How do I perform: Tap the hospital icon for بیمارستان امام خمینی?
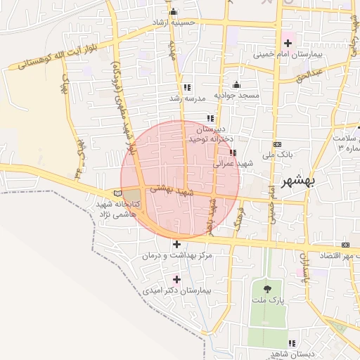(288, 43)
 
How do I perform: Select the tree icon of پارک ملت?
(267, 289)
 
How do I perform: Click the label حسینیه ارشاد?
(184, 22)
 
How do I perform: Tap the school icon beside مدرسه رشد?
(186, 88)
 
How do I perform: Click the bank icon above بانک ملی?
(276, 143)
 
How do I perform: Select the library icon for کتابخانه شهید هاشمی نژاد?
(117, 193)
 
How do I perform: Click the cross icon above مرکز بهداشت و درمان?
(176, 244)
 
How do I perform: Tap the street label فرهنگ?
(240, 218)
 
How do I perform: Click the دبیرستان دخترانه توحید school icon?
(210, 118)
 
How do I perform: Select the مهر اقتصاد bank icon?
(345, 244)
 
